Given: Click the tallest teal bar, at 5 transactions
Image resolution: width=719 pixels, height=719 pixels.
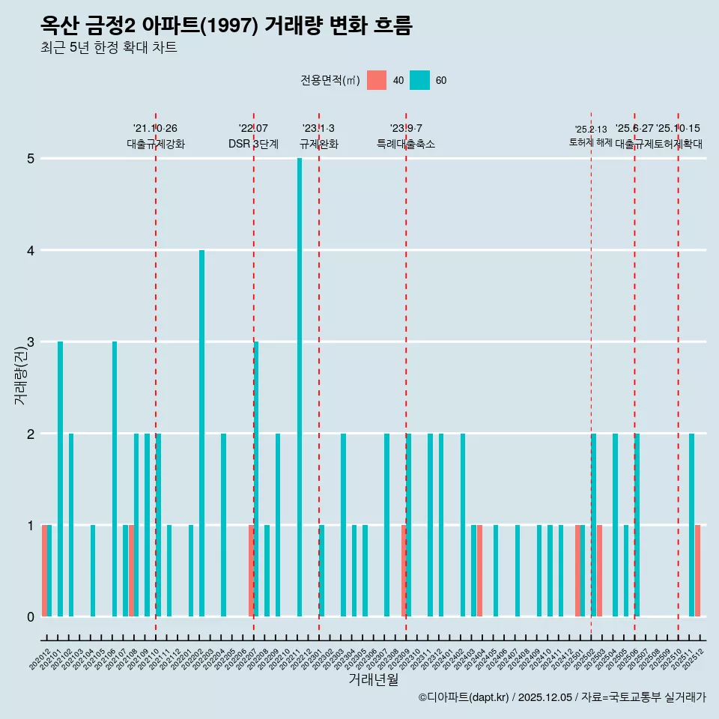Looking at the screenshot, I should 300,387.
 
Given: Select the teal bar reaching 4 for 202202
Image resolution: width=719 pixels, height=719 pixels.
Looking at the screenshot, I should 201,433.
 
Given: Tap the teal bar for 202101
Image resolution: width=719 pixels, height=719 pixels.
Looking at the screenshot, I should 60,479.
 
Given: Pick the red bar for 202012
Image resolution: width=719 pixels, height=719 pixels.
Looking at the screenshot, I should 44,571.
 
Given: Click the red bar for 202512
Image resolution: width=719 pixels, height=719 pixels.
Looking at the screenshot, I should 697,571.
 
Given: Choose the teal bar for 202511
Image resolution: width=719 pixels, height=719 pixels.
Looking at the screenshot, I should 691,525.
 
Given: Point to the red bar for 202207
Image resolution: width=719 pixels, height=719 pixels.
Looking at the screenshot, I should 251,571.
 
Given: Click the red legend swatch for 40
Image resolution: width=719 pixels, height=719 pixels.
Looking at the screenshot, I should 377,80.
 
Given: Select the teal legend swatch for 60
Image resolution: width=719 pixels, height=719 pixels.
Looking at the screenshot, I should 420,80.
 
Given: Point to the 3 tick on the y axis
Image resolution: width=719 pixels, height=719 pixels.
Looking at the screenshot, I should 31,342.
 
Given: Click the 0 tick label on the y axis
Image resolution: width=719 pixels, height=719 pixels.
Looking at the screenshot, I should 31,616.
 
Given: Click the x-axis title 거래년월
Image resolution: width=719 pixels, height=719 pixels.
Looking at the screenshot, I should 373,679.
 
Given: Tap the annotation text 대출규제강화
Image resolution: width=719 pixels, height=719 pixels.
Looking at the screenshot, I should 156,144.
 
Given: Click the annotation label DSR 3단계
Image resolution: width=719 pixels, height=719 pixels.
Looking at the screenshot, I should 253,144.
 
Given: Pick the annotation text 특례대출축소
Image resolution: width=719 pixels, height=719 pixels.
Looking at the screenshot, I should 405,144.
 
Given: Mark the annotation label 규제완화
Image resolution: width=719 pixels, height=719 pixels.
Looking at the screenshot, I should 319,144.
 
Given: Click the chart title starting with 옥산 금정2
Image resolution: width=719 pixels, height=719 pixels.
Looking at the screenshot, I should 226,25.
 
